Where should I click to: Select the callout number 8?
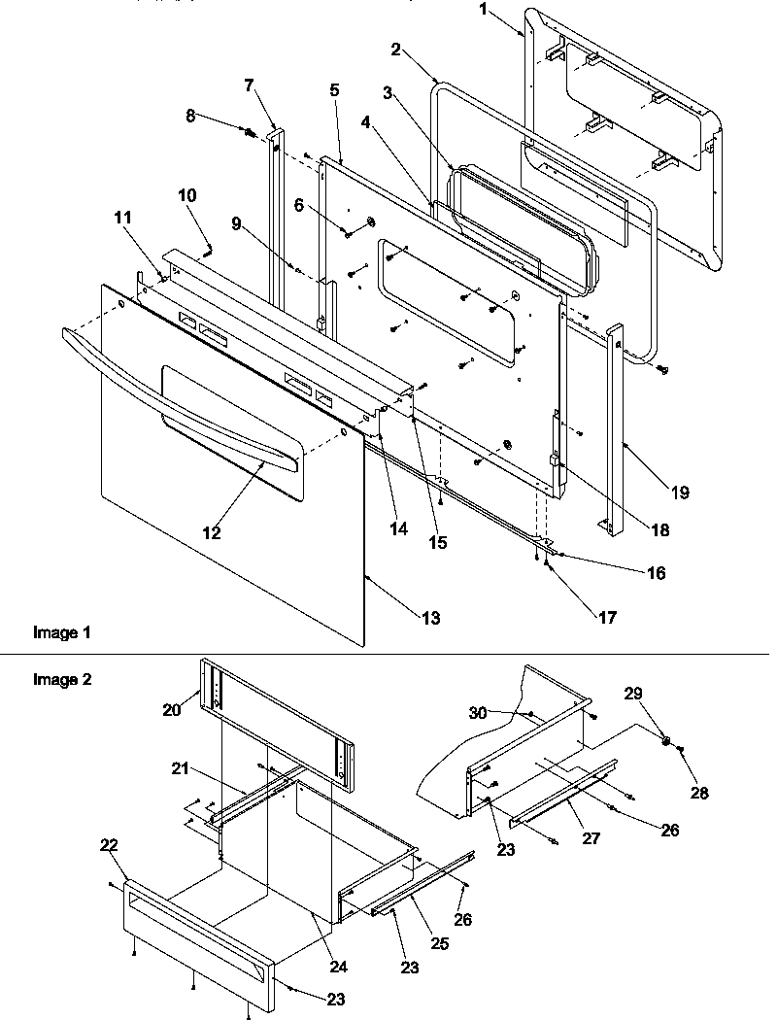[191, 116]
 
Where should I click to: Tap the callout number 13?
[428, 618]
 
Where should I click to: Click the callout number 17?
[608, 616]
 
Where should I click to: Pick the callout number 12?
[211, 532]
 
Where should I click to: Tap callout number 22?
[109, 846]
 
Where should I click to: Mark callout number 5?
[334, 90]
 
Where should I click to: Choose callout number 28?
[699, 793]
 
